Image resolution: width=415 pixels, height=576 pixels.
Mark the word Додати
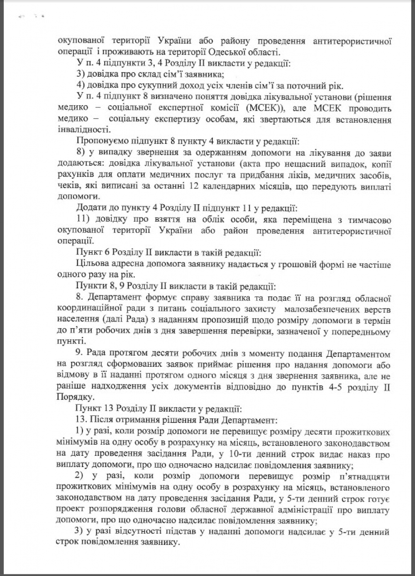pos(88,208)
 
